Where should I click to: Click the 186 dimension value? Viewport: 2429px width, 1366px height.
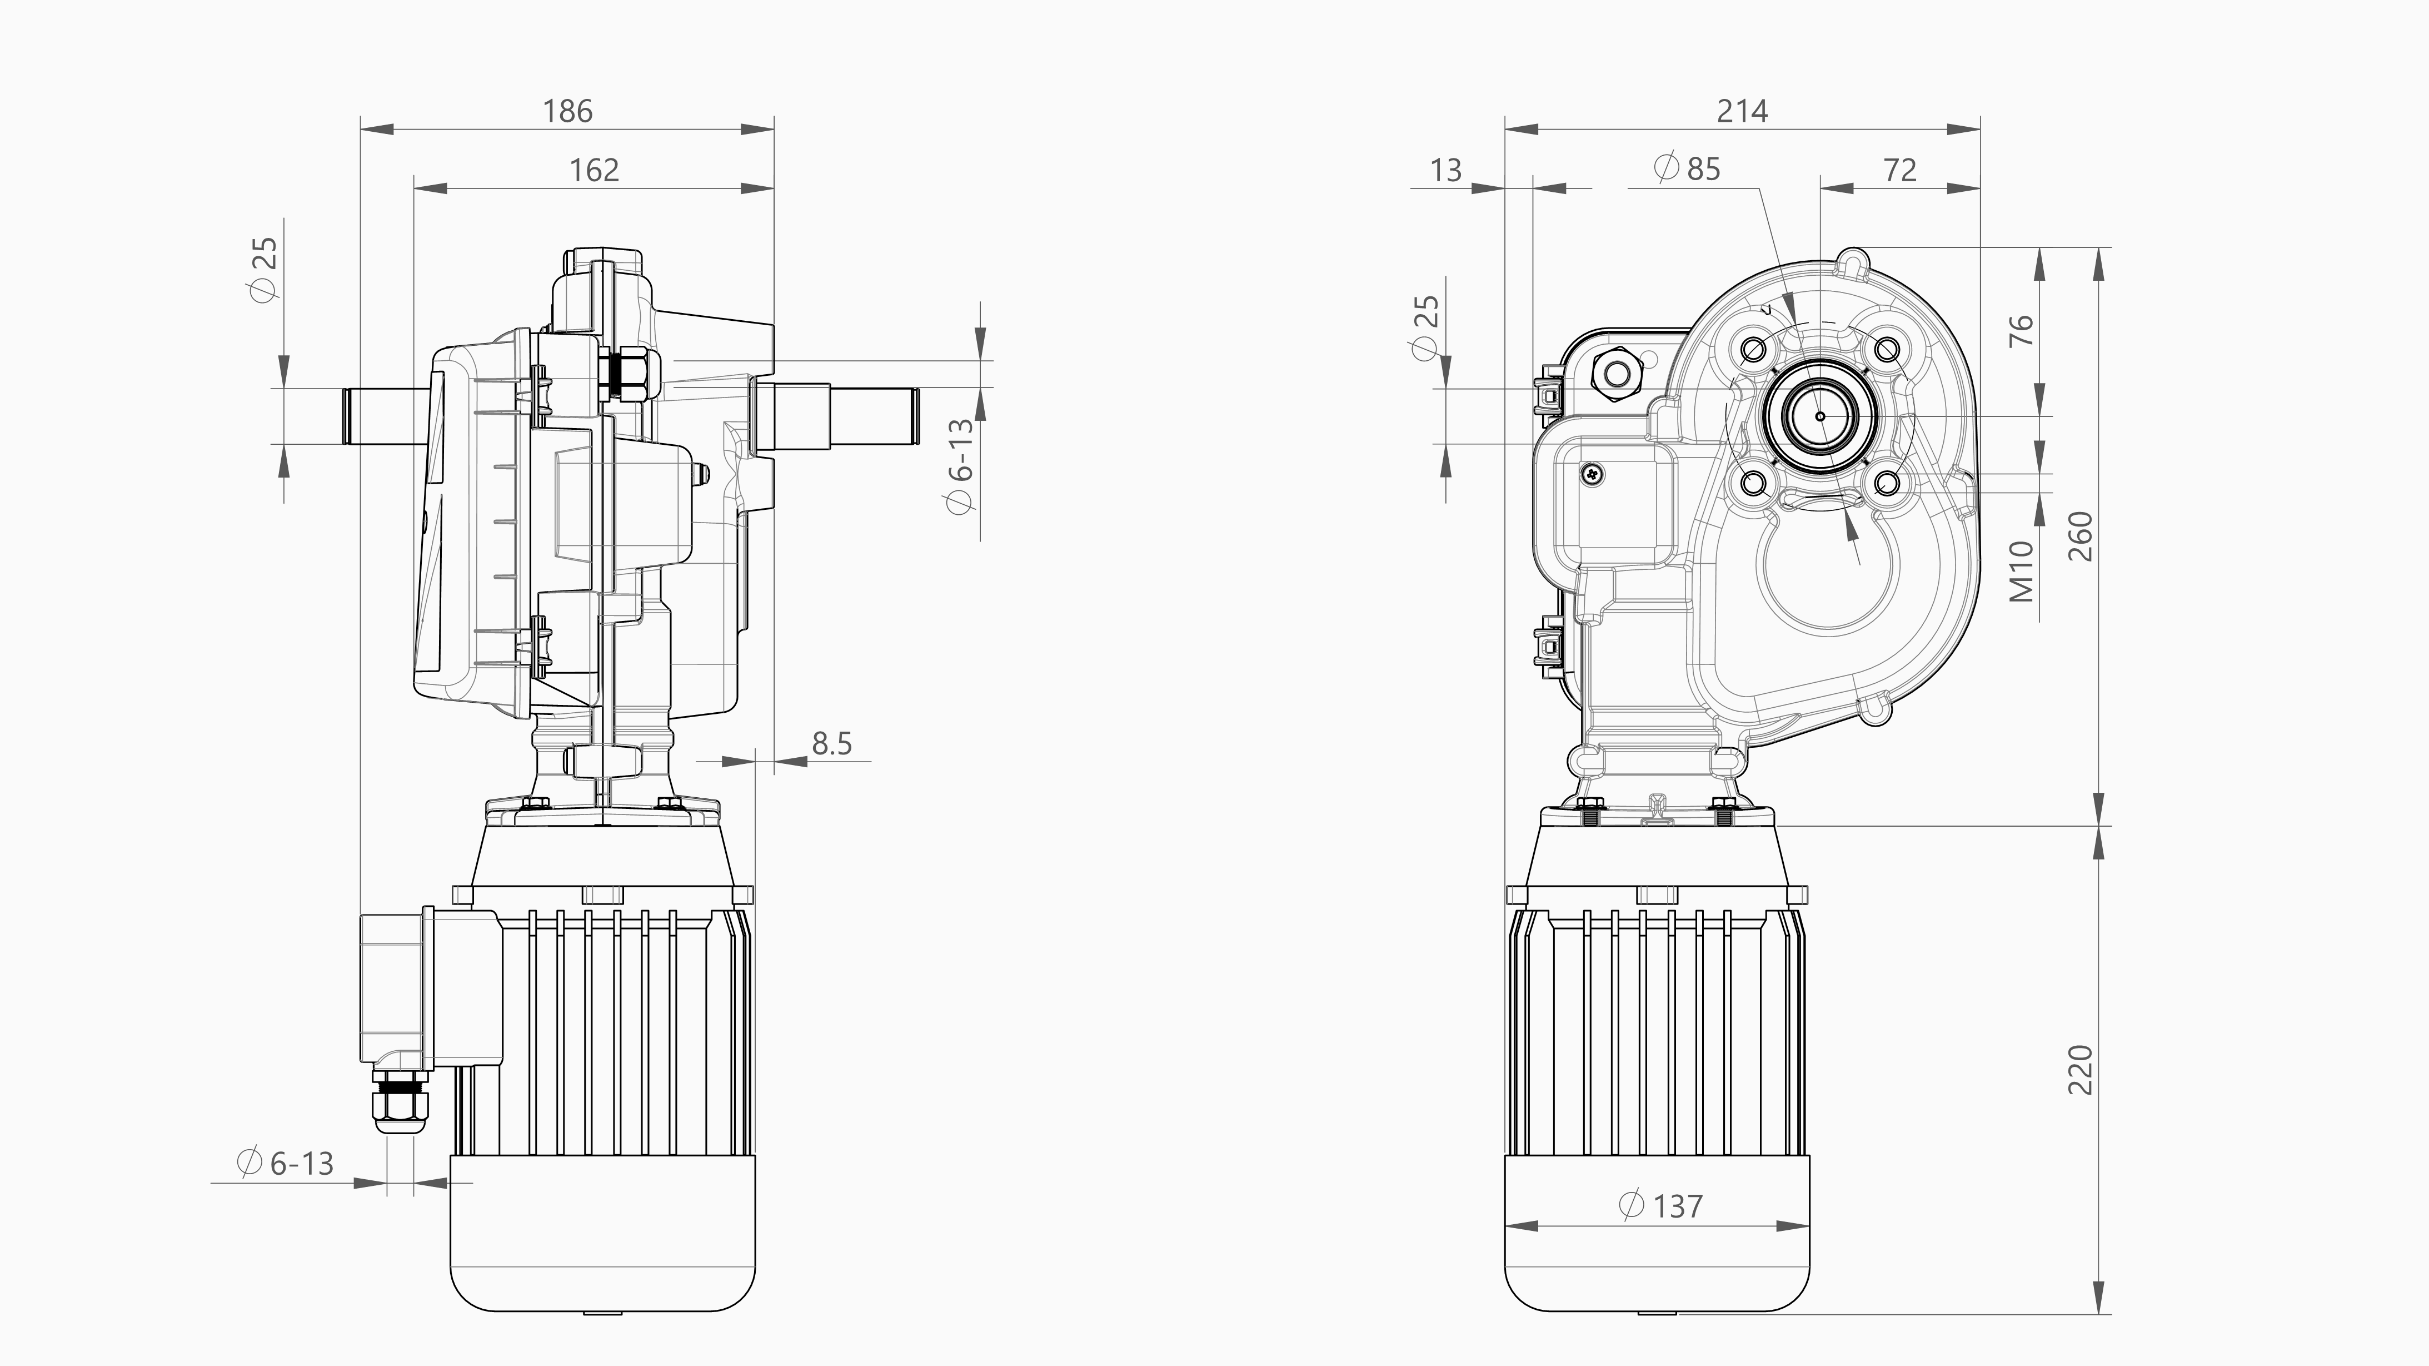[x=567, y=111]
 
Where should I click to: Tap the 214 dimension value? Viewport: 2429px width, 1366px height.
[x=1742, y=111]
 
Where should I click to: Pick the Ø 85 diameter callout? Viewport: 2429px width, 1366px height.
[x=1687, y=169]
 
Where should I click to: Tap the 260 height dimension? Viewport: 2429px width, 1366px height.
[x=2079, y=536]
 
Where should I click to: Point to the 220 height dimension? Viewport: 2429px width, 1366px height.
[x=2079, y=1070]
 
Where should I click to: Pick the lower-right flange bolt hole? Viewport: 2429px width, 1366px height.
[x=1887, y=484]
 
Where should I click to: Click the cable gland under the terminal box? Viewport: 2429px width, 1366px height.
[x=399, y=1102]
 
